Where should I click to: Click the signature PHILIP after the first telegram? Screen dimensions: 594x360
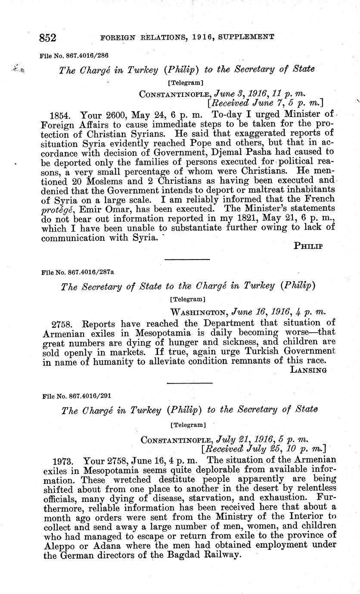pyautogui.click(x=309, y=246)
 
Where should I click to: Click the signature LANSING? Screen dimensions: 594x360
pyautogui.click(x=308, y=369)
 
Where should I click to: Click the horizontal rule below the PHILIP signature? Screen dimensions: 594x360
pyautogui.click(x=187, y=259)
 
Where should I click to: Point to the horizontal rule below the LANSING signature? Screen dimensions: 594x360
pyautogui.click(x=189, y=383)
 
